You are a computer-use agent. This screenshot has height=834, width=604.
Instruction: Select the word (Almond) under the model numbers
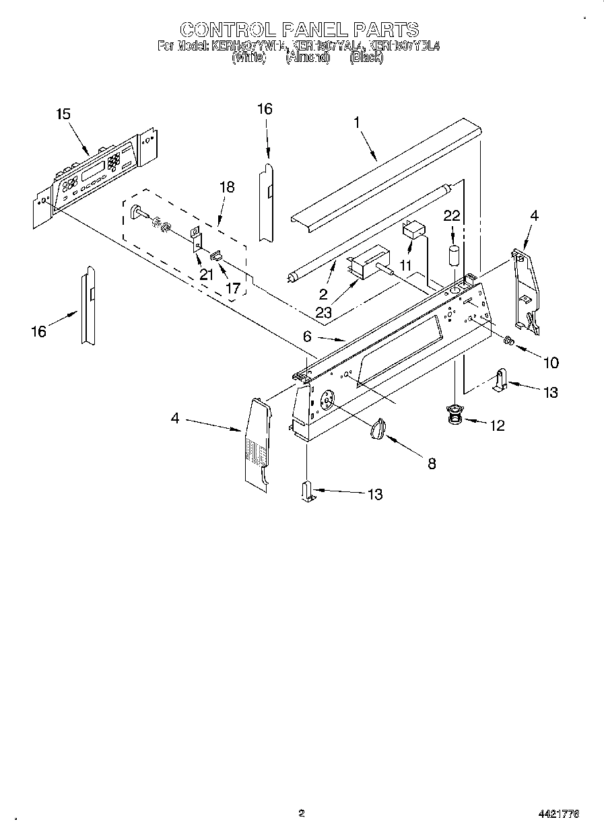point(308,58)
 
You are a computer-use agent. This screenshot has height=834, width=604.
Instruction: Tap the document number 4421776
point(558,814)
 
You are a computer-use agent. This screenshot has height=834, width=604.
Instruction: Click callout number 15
point(63,114)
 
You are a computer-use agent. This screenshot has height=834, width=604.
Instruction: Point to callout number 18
point(227,186)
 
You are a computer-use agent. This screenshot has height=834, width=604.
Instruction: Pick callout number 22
point(452,215)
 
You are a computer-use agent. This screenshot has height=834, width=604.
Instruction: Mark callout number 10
point(550,363)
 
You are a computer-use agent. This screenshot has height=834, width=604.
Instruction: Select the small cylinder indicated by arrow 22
point(454,257)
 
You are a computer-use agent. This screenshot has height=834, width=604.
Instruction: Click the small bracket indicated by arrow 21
point(197,240)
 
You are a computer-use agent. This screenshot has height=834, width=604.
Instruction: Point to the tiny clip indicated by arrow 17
point(217,256)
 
